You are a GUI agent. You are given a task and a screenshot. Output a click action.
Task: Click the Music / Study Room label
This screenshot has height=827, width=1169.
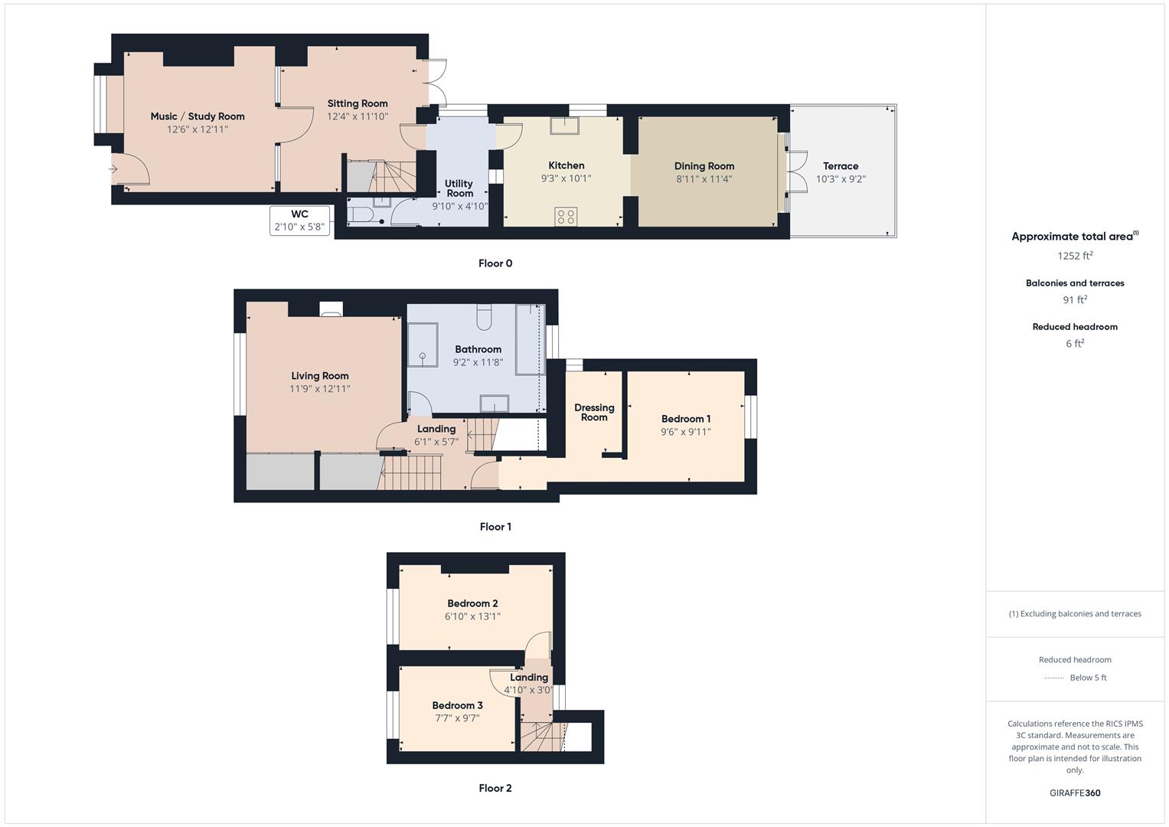click(x=198, y=116)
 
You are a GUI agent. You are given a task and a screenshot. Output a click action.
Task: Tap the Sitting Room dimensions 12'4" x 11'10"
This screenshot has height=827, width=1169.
click(x=358, y=116)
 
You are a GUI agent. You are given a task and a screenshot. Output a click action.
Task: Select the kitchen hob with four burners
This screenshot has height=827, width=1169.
click(x=567, y=217)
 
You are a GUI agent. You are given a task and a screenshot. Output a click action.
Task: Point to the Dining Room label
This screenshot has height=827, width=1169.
click(x=704, y=166)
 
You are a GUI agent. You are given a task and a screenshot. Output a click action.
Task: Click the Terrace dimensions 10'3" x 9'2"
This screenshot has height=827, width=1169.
click(x=841, y=179)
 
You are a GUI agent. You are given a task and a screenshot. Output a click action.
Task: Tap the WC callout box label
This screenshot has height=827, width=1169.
click(x=299, y=214)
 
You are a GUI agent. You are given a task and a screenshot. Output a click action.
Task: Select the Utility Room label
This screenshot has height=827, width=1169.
click(x=459, y=188)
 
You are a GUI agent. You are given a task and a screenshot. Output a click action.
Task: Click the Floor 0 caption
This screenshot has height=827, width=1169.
click(x=495, y=263)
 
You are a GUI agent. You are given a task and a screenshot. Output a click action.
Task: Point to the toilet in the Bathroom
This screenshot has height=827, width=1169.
click(x=484, y=316)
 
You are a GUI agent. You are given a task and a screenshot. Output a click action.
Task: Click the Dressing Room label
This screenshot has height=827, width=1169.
click(x=594, y=413)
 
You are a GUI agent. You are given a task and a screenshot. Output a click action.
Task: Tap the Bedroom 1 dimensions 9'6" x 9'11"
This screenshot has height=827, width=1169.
click(x=686, y=432)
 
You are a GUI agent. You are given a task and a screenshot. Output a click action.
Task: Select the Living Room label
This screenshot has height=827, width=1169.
click(x=319, y=376)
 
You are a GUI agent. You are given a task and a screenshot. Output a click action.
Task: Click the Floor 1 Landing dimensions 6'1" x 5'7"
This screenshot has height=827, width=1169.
click(x=436, y=442)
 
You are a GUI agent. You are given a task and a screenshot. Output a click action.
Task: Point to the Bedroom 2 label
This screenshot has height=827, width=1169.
click(x=472, y=603)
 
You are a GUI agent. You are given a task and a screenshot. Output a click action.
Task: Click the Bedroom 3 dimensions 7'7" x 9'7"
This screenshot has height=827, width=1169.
click(x=457, y=718)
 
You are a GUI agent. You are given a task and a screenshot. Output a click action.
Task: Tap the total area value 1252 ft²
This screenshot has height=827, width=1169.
click(x=1075, y=256)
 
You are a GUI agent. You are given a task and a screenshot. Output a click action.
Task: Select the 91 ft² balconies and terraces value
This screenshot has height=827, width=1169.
click(x=1075, y=300)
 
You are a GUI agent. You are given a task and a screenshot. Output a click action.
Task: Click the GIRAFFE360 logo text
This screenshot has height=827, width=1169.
click(x=1075, y=793)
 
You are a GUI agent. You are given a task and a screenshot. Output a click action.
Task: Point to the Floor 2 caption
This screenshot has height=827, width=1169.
click(x=495, y=788)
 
